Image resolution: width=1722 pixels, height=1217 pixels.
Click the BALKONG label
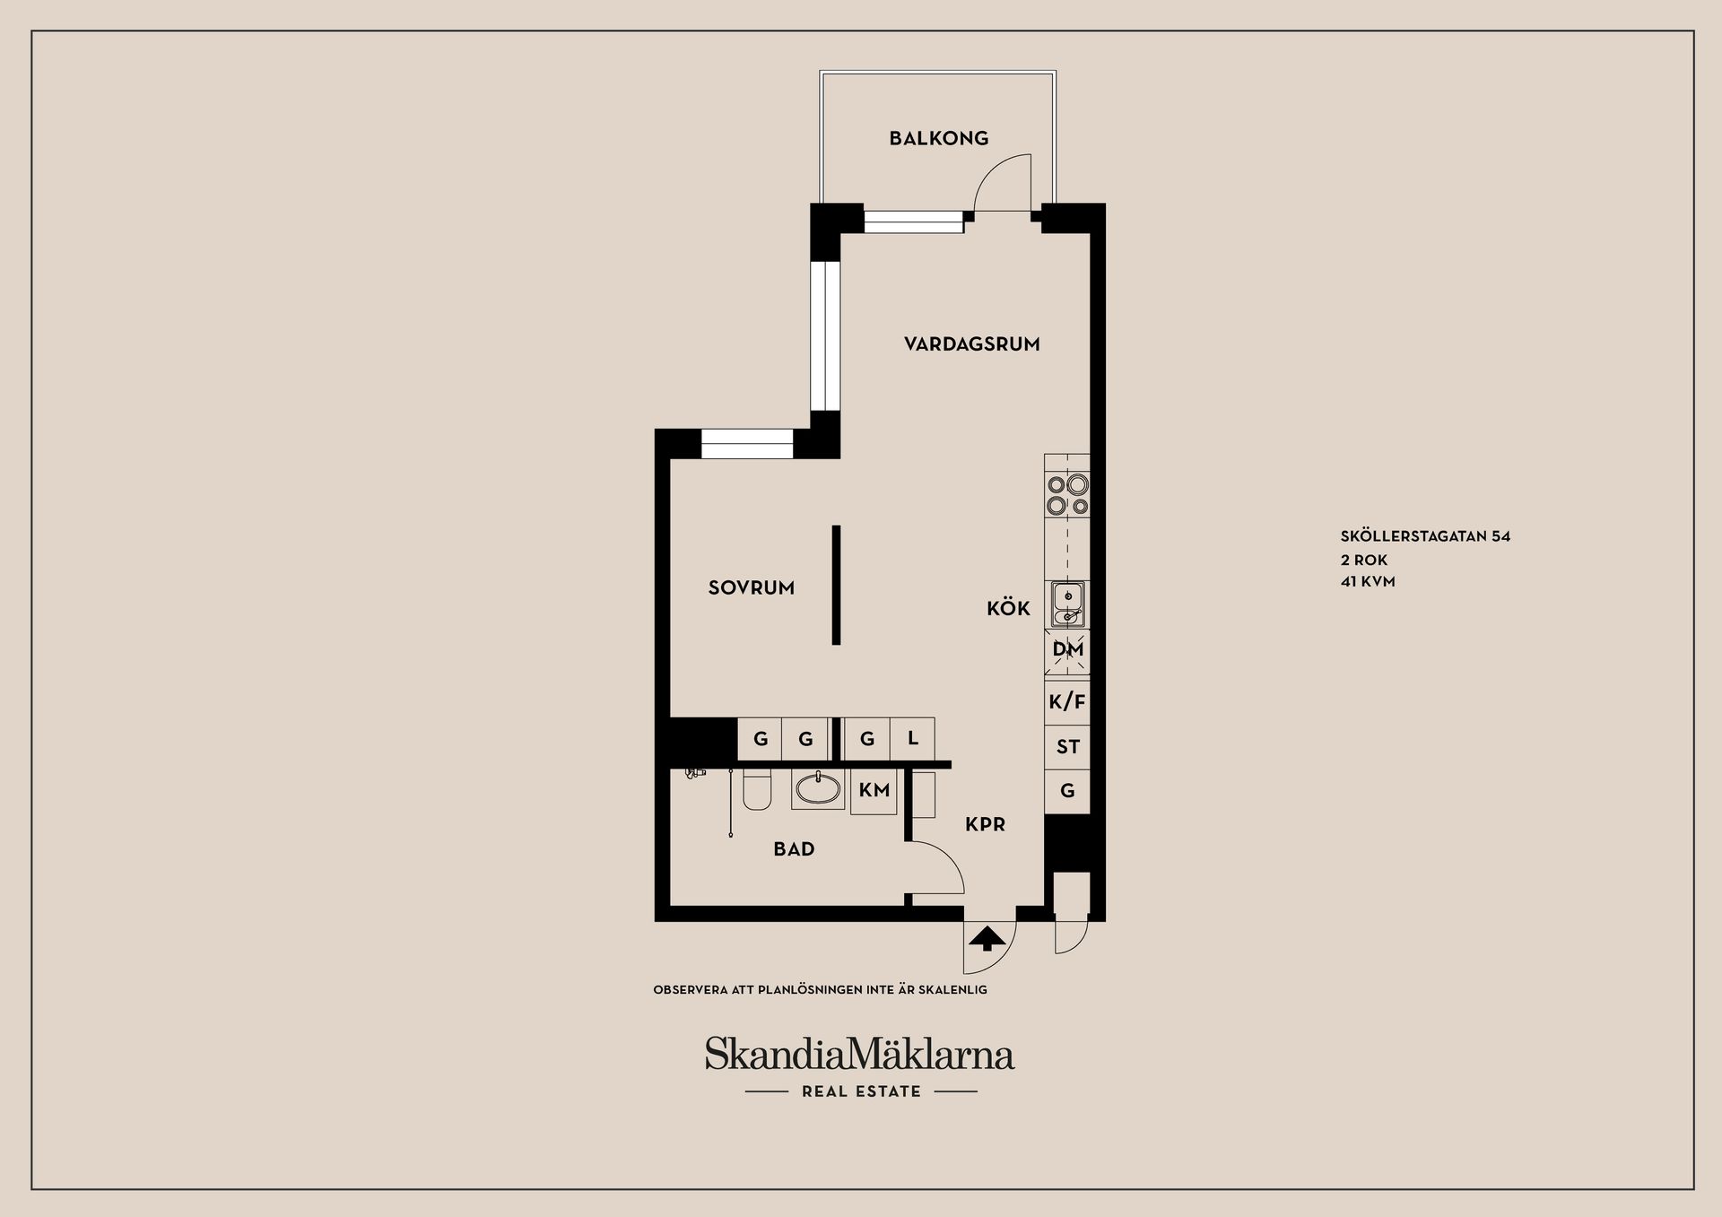click(938, 138)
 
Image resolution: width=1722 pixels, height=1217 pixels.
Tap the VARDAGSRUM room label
click(971, 344)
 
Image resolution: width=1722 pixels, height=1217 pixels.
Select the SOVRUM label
click(751, 588)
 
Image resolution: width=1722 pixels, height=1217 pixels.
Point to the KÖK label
click(1008, 609)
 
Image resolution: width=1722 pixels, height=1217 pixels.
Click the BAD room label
click(794, 849)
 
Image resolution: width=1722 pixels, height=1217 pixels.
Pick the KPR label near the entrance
click(985, 824)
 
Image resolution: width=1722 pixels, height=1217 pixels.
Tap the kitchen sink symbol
click(1067, 604)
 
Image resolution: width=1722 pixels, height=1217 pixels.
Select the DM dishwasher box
click(1067, 650)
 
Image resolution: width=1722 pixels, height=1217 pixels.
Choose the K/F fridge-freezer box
click(1067, 701)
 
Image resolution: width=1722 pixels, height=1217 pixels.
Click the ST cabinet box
click(1067, 747)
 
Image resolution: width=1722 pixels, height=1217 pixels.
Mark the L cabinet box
click(912, 739)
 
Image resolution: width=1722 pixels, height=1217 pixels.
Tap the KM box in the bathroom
click(874, 790)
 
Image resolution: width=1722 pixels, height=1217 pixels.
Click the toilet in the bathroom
click(757, 790)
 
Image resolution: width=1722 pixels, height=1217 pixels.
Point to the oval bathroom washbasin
click(818, 789)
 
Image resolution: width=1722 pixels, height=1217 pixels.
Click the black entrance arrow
click(987, 939)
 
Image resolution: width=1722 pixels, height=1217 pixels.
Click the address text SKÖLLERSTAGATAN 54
click(1425, 536)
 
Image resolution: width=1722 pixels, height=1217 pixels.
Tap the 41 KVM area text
click(1368, 581)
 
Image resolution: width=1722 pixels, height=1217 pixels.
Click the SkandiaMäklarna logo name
click(859, 1054)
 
